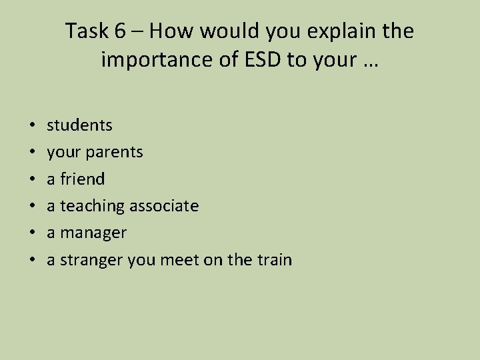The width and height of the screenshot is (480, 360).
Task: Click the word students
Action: tap(79, 125)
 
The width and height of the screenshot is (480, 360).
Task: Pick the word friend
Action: tap(83, 179)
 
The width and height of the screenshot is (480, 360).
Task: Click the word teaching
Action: tap(93, 206)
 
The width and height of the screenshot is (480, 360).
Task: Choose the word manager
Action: tap(93, 233)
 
